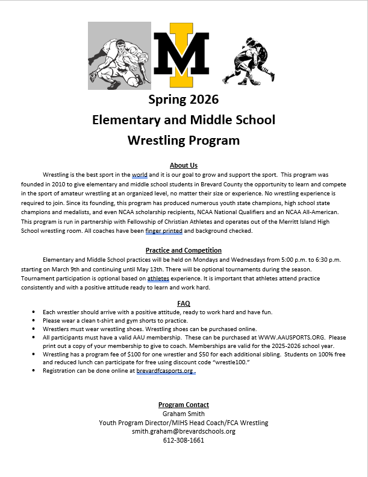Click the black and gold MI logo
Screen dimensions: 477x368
coord(181,54)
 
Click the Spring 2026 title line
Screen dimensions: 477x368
coord(184,99)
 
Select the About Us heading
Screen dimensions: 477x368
coord(184,165)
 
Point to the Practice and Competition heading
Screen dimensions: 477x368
coord(184,250)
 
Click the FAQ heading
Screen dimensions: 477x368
coord(184,303)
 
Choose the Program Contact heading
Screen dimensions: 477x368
coord(184,405)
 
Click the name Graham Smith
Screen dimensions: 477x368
coord(184,414)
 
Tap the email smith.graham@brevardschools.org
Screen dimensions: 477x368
coord(184,431)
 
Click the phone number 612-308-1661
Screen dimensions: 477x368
coord(184,440)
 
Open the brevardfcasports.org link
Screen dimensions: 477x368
coord(165,371)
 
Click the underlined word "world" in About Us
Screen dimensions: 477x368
coord(140,174)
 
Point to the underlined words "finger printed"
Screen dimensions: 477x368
coord(164,230)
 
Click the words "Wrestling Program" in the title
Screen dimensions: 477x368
coord(184,141)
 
